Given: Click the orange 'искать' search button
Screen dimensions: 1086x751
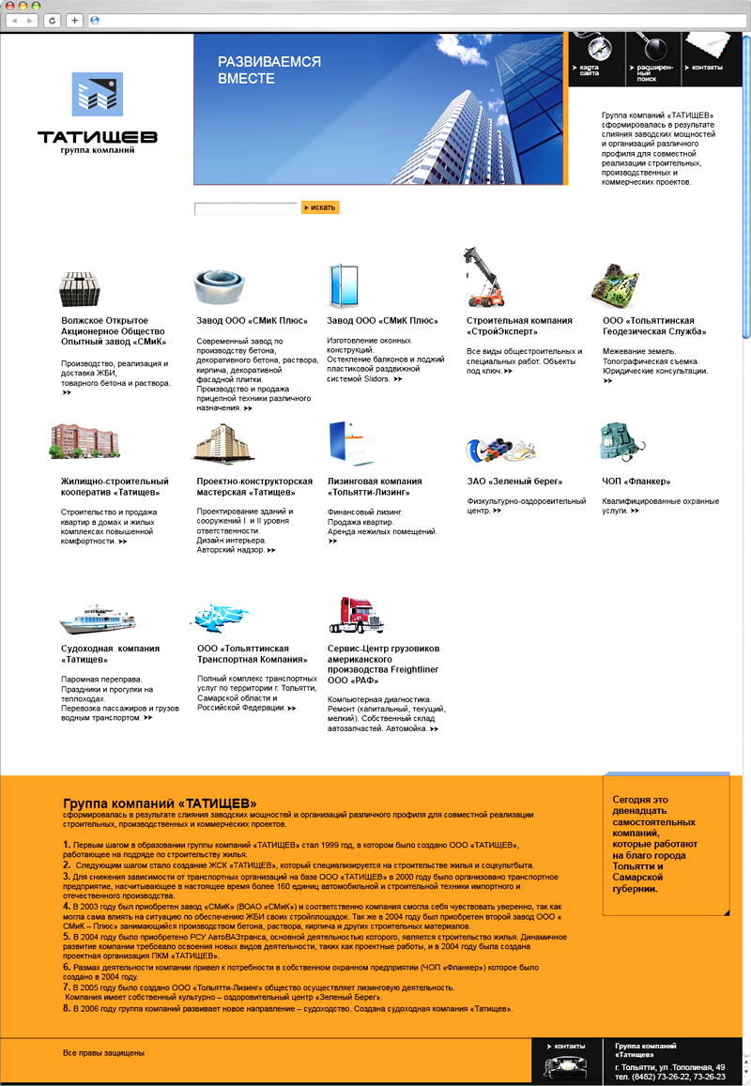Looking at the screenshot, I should [x=320, y=207].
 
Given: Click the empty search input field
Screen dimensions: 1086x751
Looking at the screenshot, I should [x=245, y=208].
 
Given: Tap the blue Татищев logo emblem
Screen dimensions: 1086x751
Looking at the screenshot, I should [x=98, y=94].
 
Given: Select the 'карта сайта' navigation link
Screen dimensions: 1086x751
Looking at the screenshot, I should [x=589, y=70].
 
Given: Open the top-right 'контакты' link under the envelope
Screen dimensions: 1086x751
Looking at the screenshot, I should [x=707, y=68].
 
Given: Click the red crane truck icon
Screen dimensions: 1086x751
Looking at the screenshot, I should [x=486, y=278].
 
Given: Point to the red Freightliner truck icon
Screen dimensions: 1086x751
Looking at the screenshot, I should [x=356, y=614].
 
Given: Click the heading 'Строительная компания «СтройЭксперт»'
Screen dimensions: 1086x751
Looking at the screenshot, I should [x=519, y=326].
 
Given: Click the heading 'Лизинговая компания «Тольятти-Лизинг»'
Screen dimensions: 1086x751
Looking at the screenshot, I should [x=375, y=486].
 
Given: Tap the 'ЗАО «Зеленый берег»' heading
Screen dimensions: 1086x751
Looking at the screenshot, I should [x=514, y=482].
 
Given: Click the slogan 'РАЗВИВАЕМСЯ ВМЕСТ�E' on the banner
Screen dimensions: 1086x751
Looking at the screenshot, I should [x=269, y=70].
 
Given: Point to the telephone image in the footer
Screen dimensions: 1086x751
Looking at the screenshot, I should [x=566, y=1066].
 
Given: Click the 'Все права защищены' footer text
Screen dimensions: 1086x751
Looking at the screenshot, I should [x=103, y=1053].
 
